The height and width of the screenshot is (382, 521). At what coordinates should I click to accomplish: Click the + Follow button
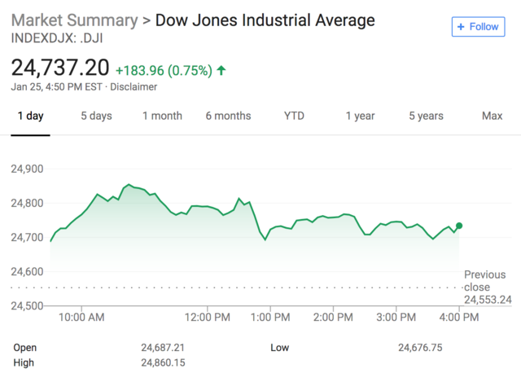point(478,27)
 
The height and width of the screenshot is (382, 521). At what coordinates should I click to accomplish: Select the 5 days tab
point(96,116)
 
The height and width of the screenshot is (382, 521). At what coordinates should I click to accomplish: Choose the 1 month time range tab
point(162,116)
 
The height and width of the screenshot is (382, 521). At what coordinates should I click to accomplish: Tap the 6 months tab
point(228,116)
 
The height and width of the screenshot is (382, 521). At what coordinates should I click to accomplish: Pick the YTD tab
point(294,116)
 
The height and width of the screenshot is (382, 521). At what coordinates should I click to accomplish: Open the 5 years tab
point(426,116)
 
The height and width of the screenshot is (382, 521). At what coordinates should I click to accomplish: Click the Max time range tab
point(492,116)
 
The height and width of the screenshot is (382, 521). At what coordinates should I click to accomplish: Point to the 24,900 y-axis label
point(28,169)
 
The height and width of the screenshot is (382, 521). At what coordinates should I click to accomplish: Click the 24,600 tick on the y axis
point(28,271)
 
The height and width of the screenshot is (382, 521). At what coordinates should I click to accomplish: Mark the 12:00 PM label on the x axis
point(207,316)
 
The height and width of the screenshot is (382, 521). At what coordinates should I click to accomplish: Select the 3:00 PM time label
point(398,316)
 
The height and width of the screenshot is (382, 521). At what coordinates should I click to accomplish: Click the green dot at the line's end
point(460,226)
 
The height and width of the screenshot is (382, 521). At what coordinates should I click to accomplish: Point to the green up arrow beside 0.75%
point(221,71)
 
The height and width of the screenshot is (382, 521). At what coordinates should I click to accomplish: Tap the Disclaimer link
point(134,87)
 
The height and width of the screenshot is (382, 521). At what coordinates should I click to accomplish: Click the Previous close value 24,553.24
point(488,300)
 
